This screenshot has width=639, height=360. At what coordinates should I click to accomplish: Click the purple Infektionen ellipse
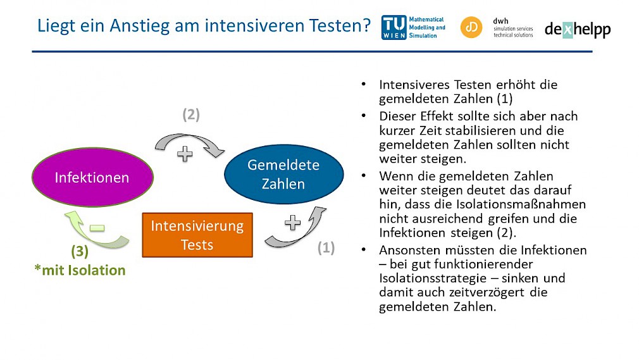click(x=92, y=177)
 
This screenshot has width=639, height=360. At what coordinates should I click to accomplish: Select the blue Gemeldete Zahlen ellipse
click(x=283, y=174)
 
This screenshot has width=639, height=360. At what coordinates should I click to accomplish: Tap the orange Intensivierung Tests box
click(x=197, y=235)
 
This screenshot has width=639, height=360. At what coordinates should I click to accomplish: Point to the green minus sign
click(x=97, y=228)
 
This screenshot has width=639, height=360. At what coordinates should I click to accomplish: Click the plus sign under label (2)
click(x=185, y=154)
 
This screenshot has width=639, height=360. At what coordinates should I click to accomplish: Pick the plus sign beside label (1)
click(x=292, y=223)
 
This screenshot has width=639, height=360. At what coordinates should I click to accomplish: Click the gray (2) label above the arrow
click(x=191, y=115)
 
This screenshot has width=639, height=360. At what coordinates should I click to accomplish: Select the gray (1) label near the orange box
click(x=326, y=247)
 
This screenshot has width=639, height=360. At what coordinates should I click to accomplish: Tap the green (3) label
click(x=80, y=251)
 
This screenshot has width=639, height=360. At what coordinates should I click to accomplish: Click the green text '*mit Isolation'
click(x=80, y=270)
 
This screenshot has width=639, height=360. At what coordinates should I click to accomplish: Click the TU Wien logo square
click(x=394, y=27)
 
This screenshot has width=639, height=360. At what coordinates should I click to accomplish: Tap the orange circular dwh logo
click(x=471, y=27)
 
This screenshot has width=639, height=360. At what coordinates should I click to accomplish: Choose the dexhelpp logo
click(x=578, y=29)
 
